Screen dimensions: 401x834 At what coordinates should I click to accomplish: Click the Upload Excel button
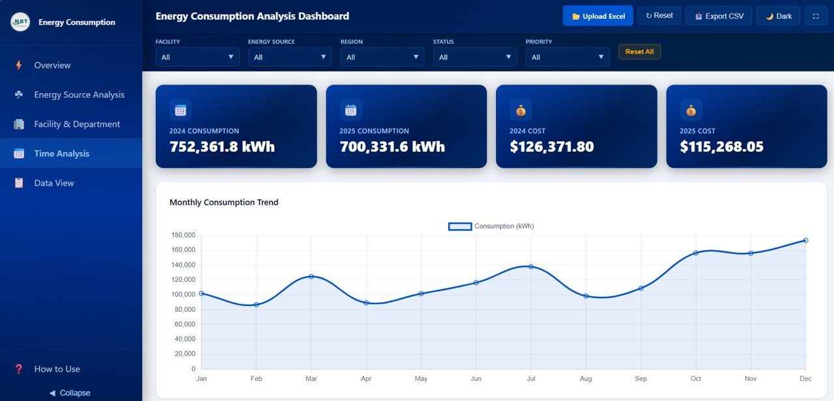tap(597, 16)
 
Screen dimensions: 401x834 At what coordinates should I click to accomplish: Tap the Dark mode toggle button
tap(778, 16)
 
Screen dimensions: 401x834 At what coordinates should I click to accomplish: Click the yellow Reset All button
tap(639, 52)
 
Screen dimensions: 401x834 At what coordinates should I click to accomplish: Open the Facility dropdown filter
tap(197, 57)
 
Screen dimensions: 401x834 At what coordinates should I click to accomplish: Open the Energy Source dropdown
tap(290, 57)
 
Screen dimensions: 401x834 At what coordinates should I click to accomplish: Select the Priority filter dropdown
tap(568, 57)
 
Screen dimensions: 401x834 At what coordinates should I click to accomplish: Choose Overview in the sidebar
tap(52, 65)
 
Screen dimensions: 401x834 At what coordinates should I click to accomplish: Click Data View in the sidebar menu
tap(53, 183)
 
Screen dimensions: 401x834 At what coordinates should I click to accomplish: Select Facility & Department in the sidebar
tap(77, 124)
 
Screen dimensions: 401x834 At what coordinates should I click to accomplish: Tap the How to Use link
tap(57, 369)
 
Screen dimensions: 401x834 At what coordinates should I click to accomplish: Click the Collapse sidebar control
tap(70, 393)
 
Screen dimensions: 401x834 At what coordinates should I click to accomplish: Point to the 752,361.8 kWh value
tap(222, 147)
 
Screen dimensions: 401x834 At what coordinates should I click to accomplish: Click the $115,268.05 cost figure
tap(721, 147)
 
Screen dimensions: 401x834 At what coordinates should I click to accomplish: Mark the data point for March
tap(311, 277)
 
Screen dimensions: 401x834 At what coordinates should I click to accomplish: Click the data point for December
tap(805, 240)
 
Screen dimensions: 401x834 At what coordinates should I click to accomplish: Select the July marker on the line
tap(531, 267)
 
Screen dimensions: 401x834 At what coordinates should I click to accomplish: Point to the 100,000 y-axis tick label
tap(183, 295)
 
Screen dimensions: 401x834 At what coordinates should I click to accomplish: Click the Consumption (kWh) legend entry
tap(491, 227)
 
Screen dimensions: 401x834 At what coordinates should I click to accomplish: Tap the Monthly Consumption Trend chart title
tap(223, 202)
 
